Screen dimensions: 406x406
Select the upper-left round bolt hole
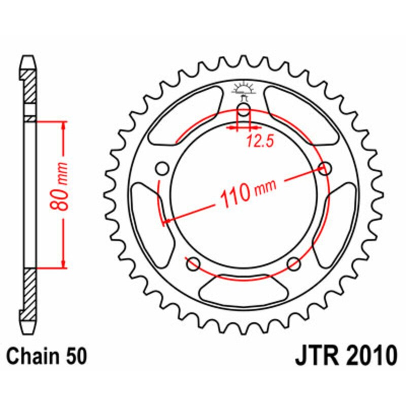click(x=163, y=168)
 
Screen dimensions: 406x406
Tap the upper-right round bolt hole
click(x=325, y=168)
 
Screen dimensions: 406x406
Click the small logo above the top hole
click(x=244, y=90)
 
